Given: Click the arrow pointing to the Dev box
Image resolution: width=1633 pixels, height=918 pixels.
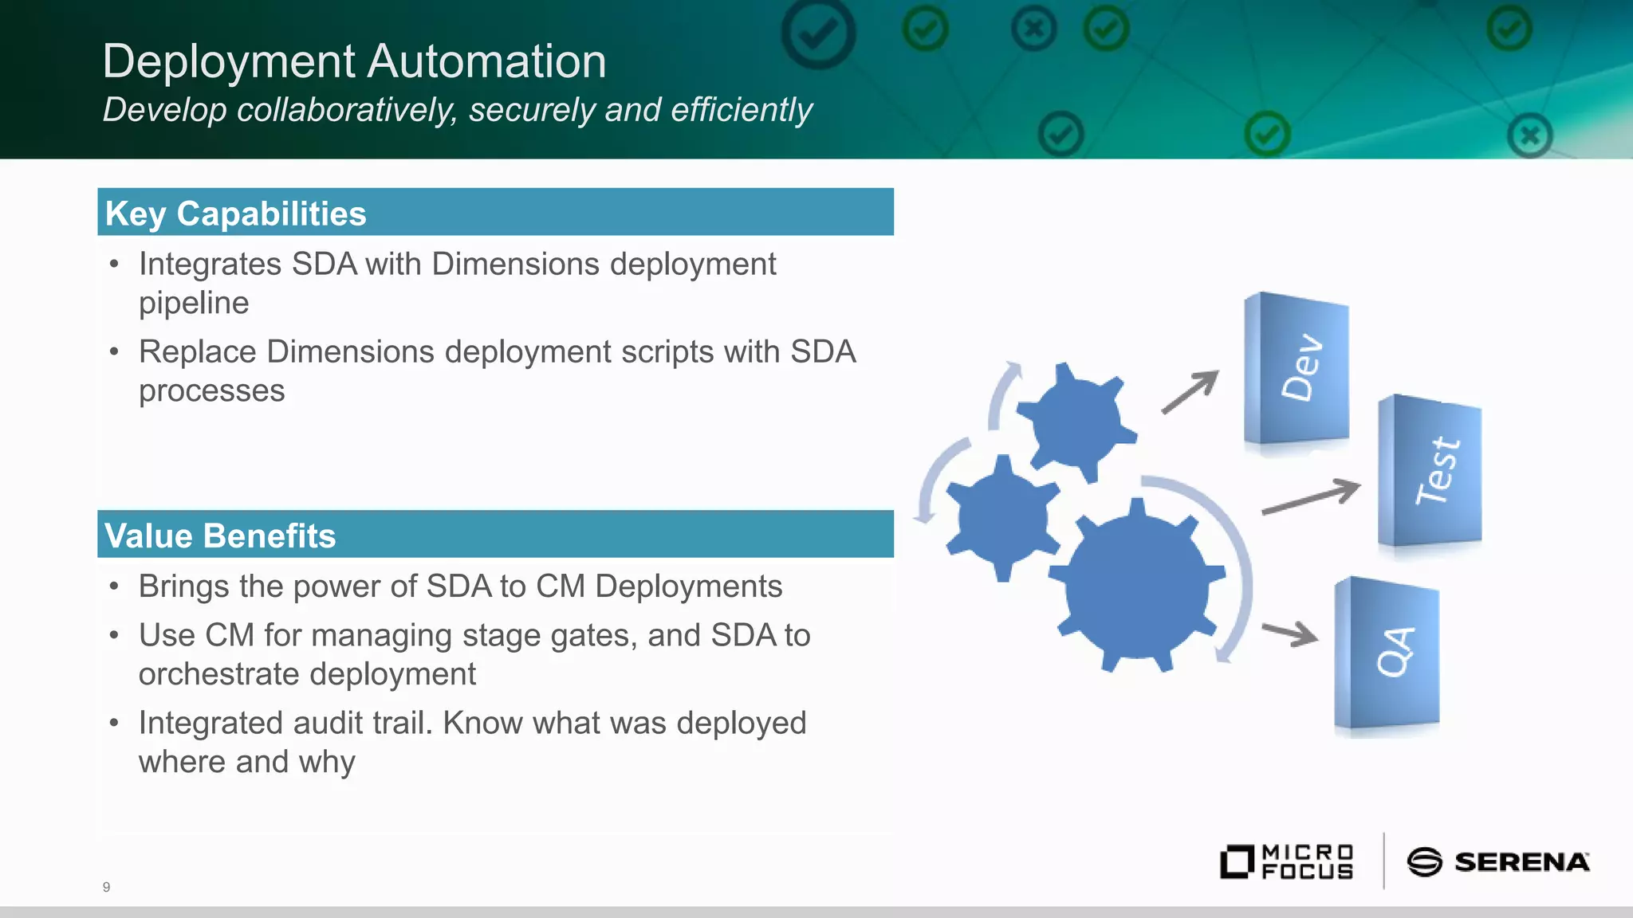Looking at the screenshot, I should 1190,392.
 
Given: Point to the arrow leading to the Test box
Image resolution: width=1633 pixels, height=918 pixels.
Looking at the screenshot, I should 1312,497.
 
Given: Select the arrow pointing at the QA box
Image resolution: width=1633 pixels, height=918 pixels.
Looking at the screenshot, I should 1289,633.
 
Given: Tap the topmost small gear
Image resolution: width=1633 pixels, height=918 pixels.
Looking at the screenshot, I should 1076,421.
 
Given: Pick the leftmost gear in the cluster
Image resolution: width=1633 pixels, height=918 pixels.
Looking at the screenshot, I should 1002,518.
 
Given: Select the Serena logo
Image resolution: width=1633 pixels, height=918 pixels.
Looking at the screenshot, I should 1497,862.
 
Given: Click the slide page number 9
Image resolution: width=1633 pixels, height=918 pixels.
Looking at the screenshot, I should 106,887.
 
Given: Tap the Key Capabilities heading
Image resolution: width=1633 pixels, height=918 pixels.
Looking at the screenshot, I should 236,214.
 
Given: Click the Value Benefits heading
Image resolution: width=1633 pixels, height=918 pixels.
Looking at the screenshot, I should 220,535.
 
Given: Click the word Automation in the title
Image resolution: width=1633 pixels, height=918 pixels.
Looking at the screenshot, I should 486,61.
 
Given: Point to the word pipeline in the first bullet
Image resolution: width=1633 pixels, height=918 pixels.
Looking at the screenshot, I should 194,304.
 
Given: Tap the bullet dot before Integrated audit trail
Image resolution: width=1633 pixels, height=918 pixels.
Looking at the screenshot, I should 115,724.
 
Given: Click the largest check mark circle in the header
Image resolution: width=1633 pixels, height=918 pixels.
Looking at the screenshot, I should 818,33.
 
